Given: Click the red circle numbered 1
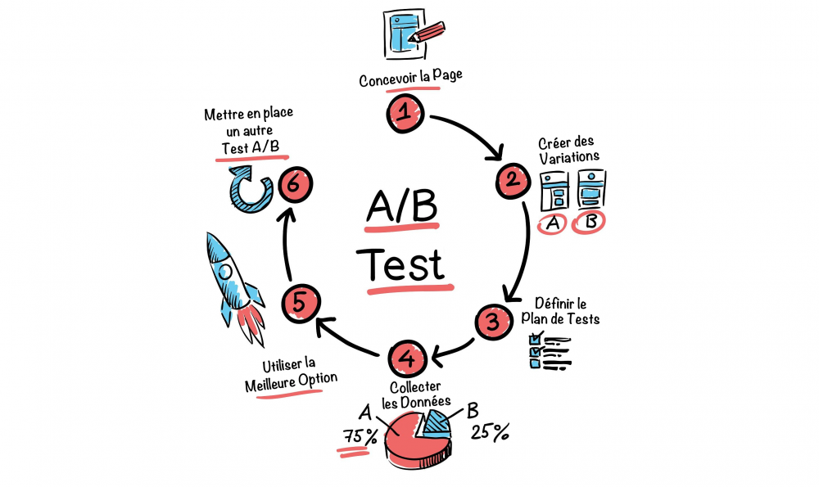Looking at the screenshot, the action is point(405,113).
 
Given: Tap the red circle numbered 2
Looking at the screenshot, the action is point(513,180).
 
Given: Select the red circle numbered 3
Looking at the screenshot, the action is point(493,322).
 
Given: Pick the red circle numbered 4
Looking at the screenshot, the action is point(407,358).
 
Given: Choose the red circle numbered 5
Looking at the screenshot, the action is point(301,304).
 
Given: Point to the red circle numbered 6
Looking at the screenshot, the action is point(295,185).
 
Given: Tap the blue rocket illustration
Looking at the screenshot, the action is point(234,288).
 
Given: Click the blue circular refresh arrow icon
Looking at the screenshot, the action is point(250,188).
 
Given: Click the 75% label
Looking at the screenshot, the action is point(360,436).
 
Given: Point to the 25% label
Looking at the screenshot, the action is point(490,432).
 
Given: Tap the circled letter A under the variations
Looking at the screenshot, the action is point(553,224).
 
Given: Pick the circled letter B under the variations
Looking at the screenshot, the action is point(589,223).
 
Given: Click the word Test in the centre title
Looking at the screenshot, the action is point(404,264).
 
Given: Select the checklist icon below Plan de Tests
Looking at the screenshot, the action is point(550,350).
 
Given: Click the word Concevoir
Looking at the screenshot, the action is point(387,80).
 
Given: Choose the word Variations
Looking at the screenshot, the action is point(569,157).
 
